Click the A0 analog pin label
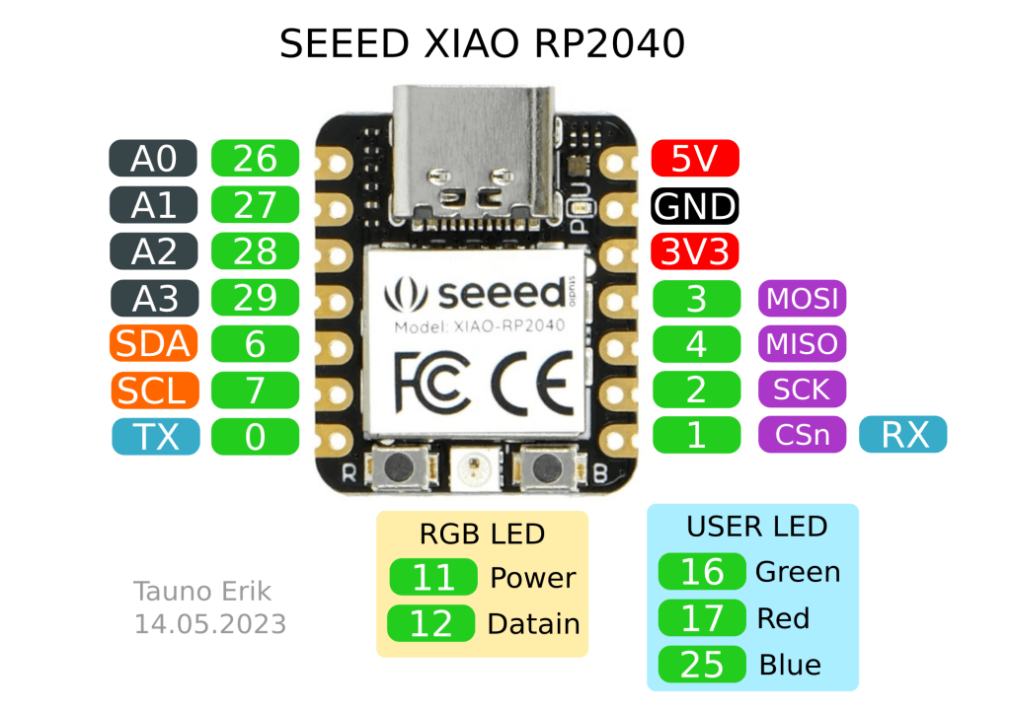[x=153, y=158]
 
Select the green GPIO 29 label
[x=255, y=298]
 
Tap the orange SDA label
[x=153, y=344]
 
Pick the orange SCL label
[x=153, y=391]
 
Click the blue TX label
[x=153, y=436]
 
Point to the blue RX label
[x=903, y=435]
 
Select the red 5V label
[x=695, y=158]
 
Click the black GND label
[x=695, y=206]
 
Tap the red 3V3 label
[x=695, y=251]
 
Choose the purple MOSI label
[x=802, y=298]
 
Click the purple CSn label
[x=802, y=435]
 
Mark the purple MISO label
[x=802, y=344]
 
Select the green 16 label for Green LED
[x=702, y=572]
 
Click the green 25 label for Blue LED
[x=702, y=665]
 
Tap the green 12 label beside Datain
[x=432, y=623]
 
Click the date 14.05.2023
[x=210, y=623]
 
